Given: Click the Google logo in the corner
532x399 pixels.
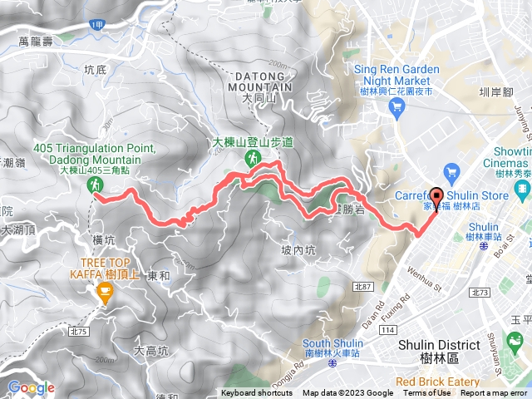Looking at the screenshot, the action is (31, 387).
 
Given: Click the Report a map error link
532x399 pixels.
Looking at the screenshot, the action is (495, 393).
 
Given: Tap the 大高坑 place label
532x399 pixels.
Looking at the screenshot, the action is (150, 352).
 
